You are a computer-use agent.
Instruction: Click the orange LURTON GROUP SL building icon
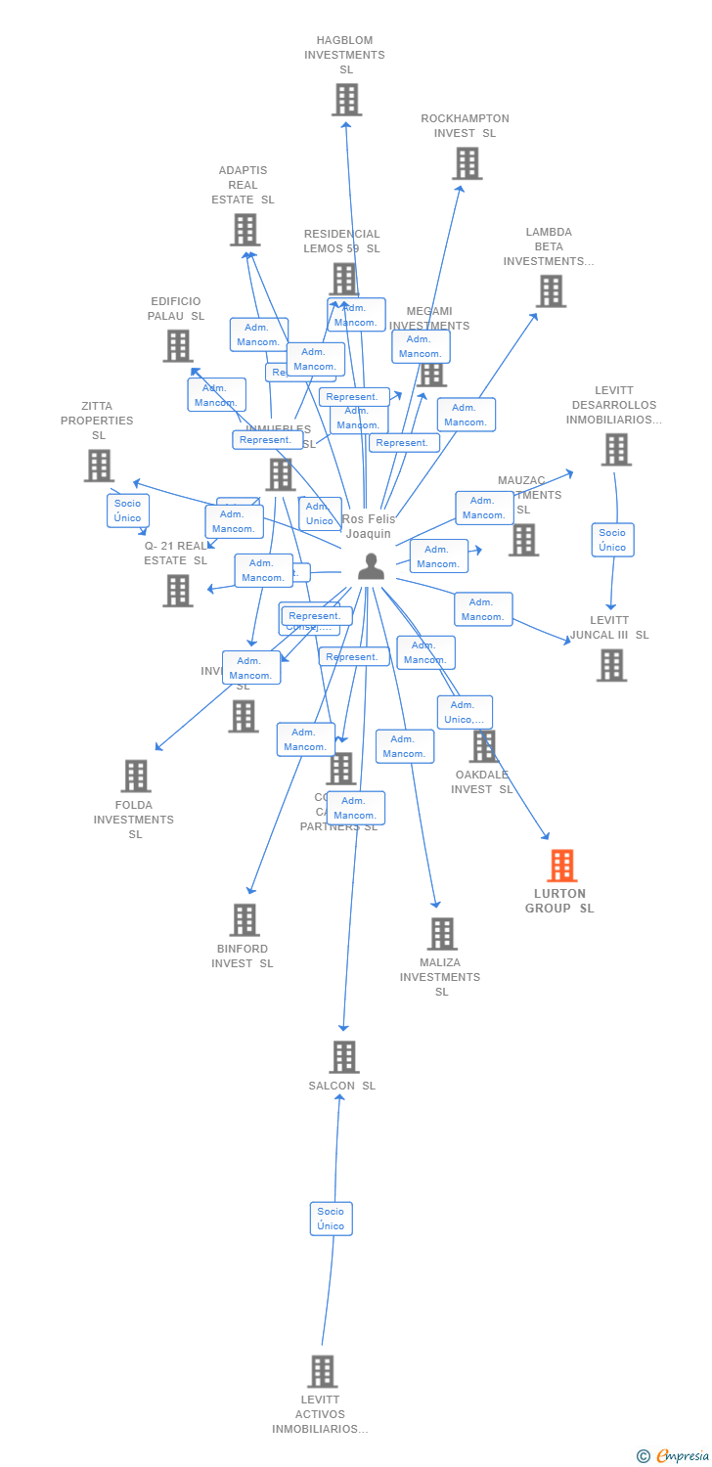coord(561,866)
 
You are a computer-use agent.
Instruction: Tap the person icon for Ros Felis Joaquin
coord(371,566)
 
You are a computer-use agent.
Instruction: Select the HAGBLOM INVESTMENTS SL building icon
coord(346,100)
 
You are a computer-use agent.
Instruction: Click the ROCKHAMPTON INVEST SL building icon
coord(467,163)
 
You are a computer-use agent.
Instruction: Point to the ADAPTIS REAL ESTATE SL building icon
coord(245,230)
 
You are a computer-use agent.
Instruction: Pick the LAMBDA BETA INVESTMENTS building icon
coord(551,290)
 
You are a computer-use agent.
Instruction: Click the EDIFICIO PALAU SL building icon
coord(178,345)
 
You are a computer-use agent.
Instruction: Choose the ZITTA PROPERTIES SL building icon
coord(99,466)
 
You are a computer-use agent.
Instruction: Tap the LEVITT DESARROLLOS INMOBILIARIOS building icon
coord(615,450)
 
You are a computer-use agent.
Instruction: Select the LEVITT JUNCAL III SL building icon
coord(611,665)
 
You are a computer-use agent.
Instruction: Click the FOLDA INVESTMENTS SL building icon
coord(136,776)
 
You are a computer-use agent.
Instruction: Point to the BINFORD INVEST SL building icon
coord(244,919)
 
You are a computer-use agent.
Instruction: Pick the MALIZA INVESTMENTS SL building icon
coord(442,933)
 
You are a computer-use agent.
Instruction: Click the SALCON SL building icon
coord(343,1057)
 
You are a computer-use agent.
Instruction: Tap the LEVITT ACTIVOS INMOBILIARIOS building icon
coord(322,1371)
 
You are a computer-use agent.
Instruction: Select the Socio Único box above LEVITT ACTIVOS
coord(331,1219)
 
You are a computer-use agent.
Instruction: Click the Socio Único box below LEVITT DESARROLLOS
coord(612,540)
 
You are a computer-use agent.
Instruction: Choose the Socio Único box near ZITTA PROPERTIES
coord(127,511)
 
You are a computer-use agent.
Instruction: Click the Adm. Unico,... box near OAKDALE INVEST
coord(465,712)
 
